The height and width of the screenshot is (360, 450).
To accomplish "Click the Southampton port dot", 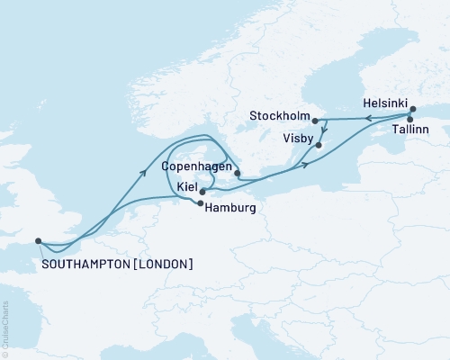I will click(x=38, y=240).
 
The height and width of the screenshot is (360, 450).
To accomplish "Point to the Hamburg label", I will click(x=231, y=208).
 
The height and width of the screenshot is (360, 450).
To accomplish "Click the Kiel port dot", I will click(x=202, y=191).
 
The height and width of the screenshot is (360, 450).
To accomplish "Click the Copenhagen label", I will click(x=195, y=167).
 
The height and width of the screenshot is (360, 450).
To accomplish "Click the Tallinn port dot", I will click(x=410, y=119).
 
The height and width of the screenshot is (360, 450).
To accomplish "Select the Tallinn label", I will click(x=409, y=131).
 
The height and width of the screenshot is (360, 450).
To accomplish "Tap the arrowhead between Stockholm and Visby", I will click(x=323, y=130).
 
